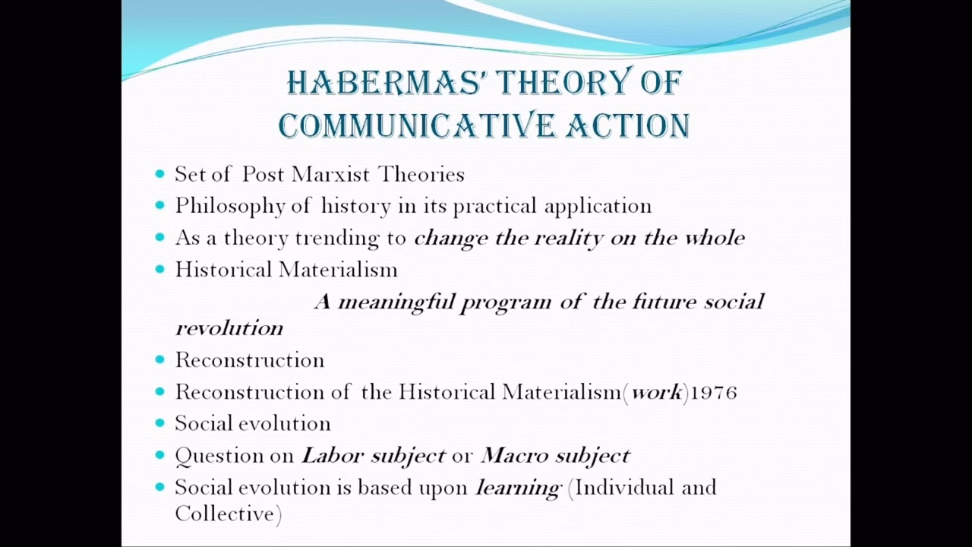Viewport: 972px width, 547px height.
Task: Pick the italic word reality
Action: click(566, 237)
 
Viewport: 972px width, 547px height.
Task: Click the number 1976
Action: click(714, 392)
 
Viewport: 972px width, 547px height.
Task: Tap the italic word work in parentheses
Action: click(657, 392)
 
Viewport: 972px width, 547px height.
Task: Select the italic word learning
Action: click(518, 488)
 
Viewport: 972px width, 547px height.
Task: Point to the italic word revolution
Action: click(229, 328)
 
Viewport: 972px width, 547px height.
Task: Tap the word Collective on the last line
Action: click(225, 514)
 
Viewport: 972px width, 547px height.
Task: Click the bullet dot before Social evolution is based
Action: click(159, 487)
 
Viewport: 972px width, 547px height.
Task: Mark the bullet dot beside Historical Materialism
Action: click(159, 269)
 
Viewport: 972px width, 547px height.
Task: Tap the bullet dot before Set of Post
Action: click(159, 174)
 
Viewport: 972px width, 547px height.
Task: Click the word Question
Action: click(211, 456)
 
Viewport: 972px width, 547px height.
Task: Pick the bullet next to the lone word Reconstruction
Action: click(159, 359)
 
